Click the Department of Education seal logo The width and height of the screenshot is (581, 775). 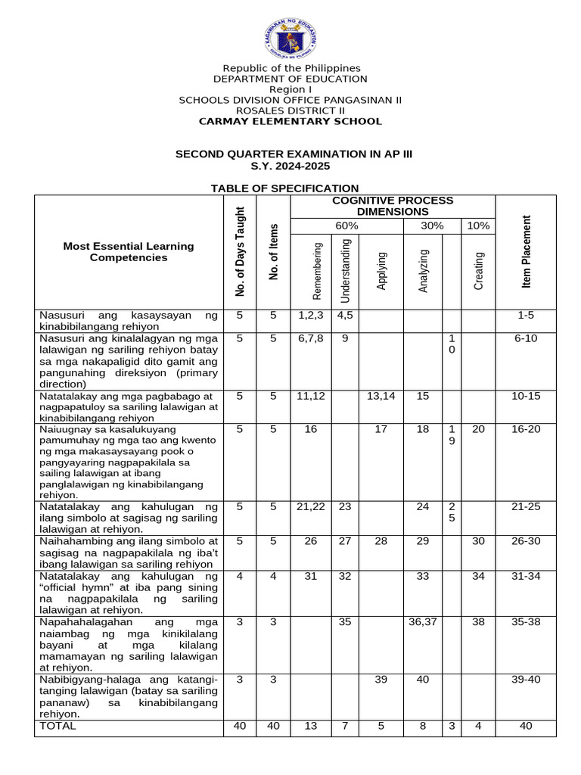290,33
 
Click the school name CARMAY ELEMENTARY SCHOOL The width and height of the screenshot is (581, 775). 290,121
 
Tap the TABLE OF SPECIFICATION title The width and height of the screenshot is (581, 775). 284,188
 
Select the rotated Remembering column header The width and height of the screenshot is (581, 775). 318,270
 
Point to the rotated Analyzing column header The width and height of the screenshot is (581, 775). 424,270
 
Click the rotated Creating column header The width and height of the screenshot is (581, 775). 479,270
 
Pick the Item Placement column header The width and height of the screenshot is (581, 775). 527,251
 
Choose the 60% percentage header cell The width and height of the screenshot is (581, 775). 346,226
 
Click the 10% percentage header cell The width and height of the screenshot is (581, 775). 478,226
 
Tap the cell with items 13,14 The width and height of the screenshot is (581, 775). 381,396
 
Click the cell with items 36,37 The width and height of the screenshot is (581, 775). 423,621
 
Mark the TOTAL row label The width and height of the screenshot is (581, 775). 58,725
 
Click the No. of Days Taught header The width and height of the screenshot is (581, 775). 240,251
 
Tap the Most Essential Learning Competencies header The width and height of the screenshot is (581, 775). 129,251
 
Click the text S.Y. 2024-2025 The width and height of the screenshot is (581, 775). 290,166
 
